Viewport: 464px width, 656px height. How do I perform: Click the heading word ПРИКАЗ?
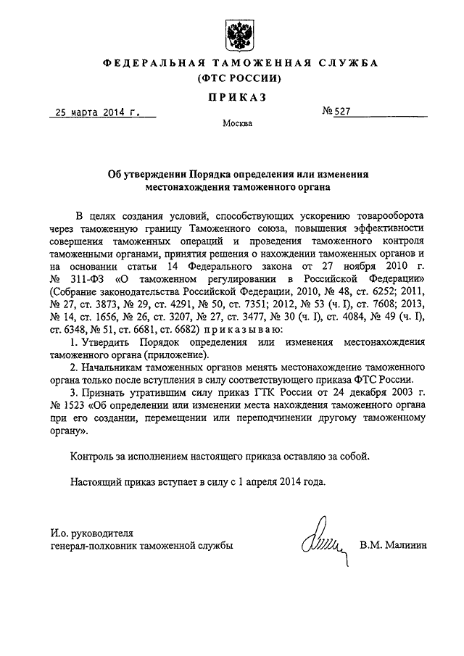coord(235,96)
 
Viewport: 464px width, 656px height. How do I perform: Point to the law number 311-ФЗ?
coord(92,278)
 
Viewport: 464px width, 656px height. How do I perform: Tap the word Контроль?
coord(92,456)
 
